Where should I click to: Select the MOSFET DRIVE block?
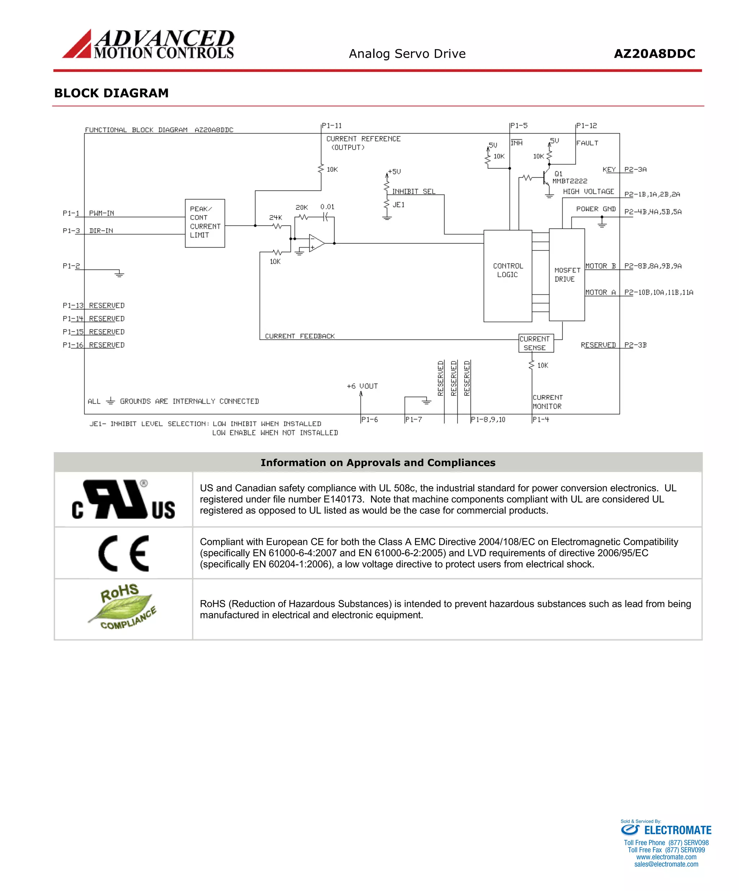click(567, 275)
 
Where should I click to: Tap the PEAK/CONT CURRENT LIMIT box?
click(205, 223)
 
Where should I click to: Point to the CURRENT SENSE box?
click(536, 343)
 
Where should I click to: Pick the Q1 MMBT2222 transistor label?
click(568, 177)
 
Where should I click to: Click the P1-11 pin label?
click(331, 126)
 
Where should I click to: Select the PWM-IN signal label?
click(101, 213)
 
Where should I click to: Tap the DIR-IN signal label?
click(101, 231)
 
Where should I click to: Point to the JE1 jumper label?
click(398, 205)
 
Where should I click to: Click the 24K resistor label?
click(275, 217)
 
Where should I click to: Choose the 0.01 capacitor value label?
click(327, 207)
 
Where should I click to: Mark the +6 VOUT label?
click(362, 386)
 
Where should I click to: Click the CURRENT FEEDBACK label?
click(299, 336)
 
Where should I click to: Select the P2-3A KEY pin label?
click(635, 169)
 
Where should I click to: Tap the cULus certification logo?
click(123, 499)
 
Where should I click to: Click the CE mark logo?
click(123, 553)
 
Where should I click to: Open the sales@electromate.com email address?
click(666, 864)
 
